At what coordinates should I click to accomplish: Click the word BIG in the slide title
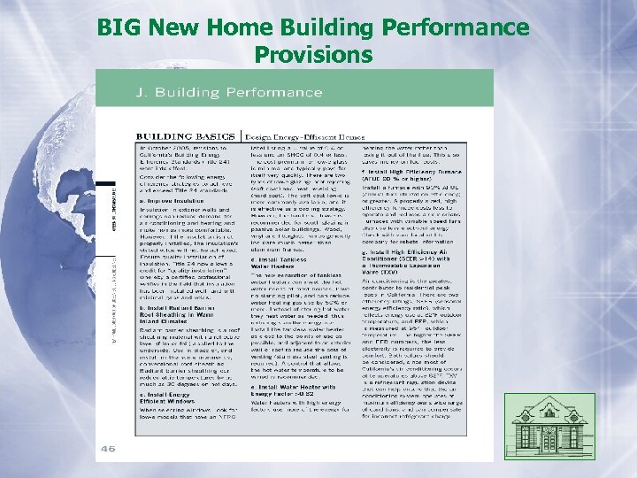(x=121, y=27)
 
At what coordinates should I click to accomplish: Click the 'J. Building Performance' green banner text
(x=216, y=93)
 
